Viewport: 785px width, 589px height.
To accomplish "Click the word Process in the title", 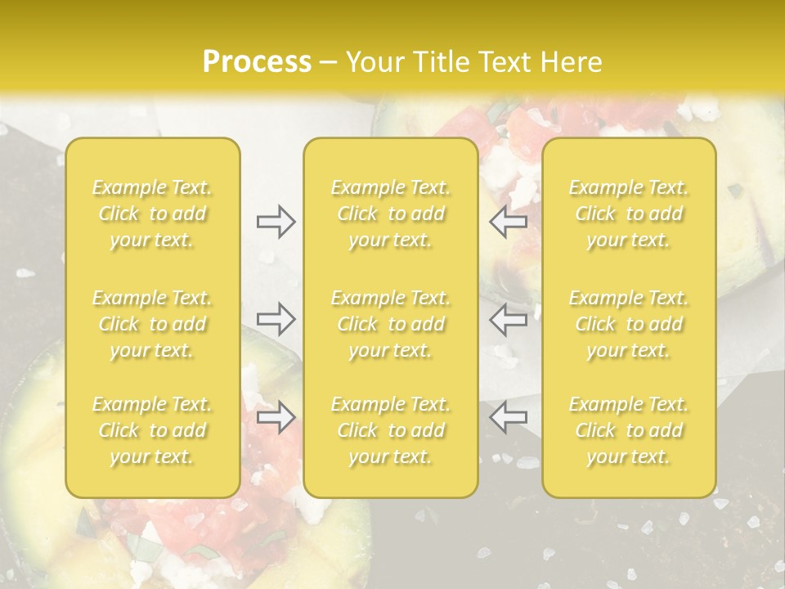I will pos(257,62).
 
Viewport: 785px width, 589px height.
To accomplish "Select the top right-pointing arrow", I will pos(276,222).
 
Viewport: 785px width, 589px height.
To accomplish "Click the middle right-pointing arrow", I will pos(276,318).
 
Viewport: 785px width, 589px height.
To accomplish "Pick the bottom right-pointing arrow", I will pos(276,417).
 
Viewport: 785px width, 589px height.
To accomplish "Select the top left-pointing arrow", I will pos(509,222).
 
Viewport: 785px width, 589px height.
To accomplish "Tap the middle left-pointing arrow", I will pos(509,318).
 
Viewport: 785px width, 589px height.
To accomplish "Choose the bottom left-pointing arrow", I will pos(509,417).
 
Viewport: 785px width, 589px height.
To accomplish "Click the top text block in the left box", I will pos(152,214).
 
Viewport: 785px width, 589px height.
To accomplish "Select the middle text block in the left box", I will pos(152,324).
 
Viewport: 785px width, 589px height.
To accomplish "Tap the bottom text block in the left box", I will pos(152,430).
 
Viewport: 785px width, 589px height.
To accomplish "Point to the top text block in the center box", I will pos(390,214).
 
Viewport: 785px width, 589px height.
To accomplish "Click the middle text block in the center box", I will pos(390,324).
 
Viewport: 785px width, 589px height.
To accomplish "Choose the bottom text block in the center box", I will pos(390,430).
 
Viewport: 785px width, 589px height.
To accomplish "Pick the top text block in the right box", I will pos(629,214).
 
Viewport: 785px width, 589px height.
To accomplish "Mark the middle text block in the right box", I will pos(629,324).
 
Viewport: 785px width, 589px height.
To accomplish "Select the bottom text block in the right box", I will pos(629,430).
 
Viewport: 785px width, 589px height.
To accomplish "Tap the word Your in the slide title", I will pos(374,62).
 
